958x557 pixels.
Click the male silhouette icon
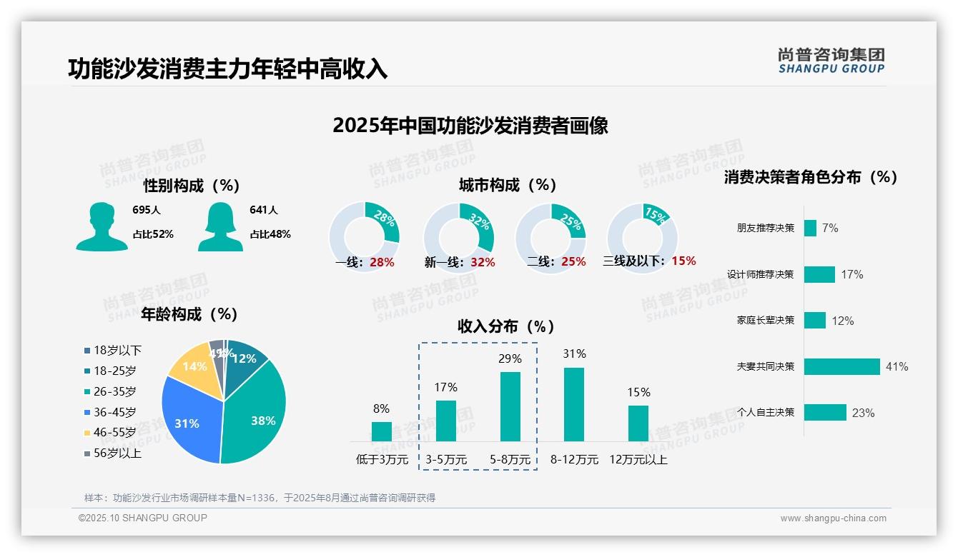(102, 226)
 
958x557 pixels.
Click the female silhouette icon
(220, 226)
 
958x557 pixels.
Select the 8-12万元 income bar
(573, 404)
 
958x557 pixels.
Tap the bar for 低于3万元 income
(381, 431)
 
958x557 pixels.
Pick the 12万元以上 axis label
(638, 460)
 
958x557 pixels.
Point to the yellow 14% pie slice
(192, 366)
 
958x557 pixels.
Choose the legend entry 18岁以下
(113, 350)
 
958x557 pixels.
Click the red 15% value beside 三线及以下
(683, 261)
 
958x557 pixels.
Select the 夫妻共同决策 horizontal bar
(841, 366)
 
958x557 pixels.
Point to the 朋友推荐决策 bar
(810, 228)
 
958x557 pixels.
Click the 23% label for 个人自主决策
(863, 413)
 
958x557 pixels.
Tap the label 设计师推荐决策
(760, 274)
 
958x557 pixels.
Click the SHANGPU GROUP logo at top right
(831, 61)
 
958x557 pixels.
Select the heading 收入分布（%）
(506, 326)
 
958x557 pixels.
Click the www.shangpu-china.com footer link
(833, 518)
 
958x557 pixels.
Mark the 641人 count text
(263, 210)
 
